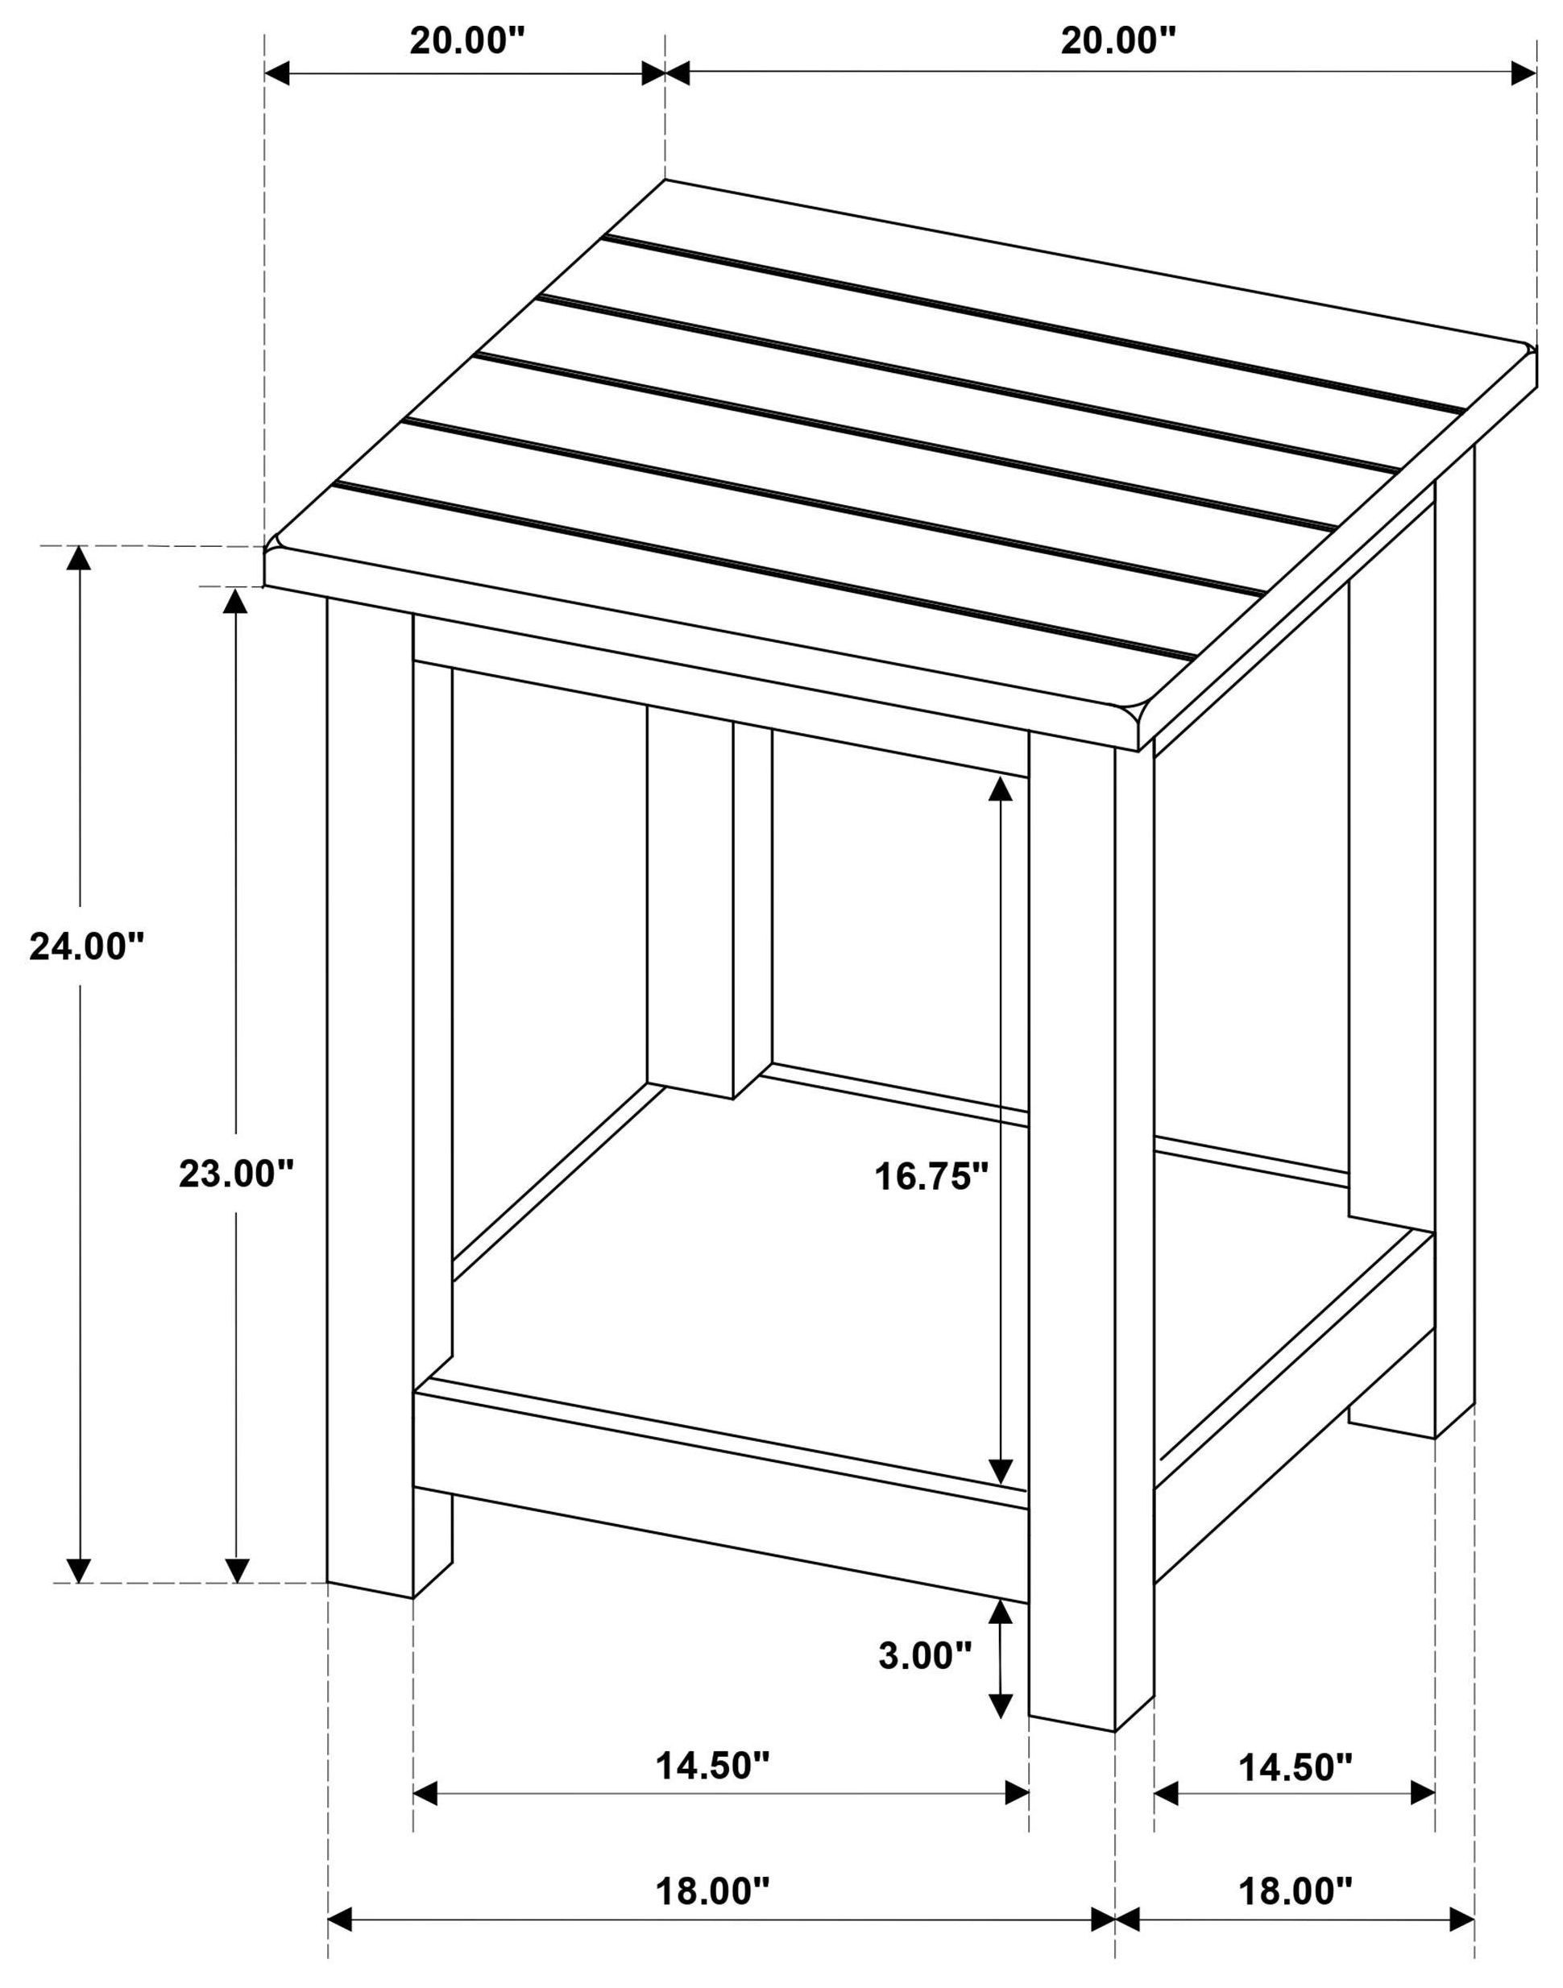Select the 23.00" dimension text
tap(236, 1174)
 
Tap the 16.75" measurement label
tap(932, 1177)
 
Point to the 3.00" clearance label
tap(925, 1655)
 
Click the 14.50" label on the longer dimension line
tap(713, 1765)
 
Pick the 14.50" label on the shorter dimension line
tap(1295, 1767)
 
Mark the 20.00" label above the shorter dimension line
tap(466, 41)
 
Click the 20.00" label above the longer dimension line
tap(1117, 41)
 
